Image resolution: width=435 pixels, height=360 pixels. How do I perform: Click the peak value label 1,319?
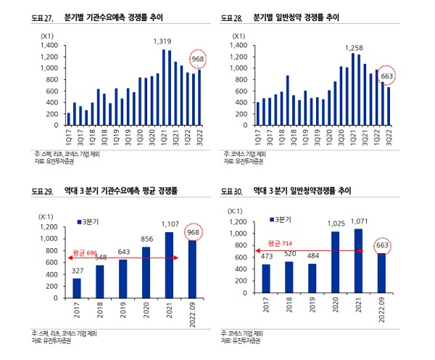162,41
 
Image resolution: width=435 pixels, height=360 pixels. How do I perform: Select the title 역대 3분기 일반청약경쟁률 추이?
302,192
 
